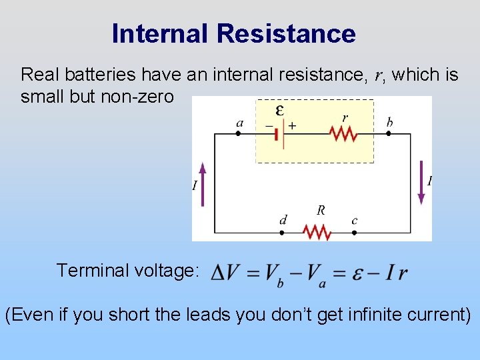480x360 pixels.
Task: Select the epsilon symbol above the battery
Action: (280, 110)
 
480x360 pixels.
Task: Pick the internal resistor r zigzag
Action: (343, 134)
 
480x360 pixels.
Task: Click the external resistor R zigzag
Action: (317, 233)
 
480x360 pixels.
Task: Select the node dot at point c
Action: (354, 233)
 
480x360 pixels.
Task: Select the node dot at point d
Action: (281, 233)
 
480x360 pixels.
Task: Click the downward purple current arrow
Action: (421, 181)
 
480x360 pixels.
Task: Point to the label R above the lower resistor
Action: (321, 211)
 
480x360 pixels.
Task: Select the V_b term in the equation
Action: (274, 273)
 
